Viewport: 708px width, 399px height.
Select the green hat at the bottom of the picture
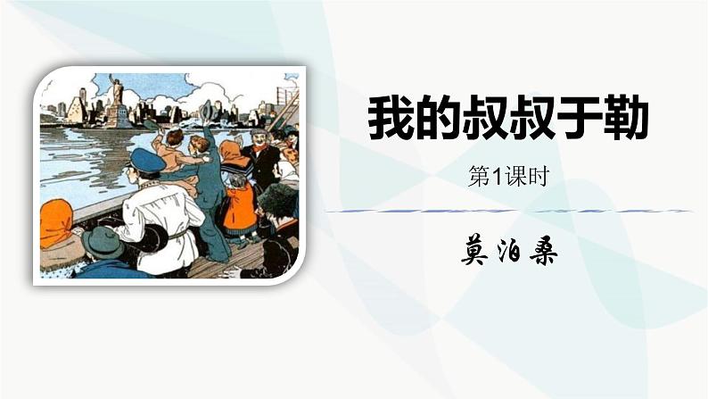[103, 240]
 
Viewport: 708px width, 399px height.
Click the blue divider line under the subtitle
[508, 212]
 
